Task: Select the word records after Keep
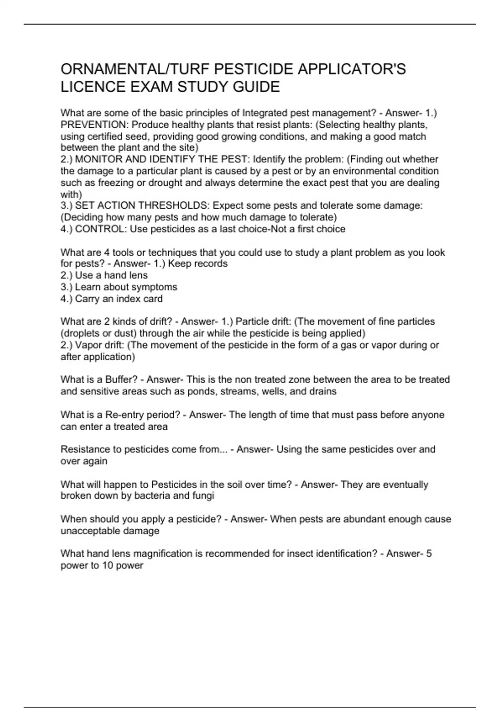(x=211, y=264)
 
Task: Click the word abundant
(x=361, y=519)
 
